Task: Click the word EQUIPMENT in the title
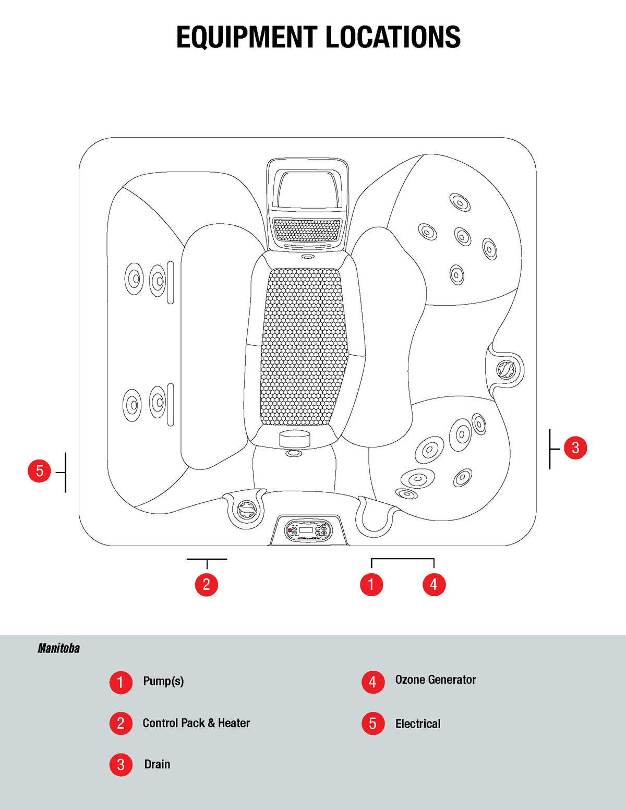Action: coord(246,38)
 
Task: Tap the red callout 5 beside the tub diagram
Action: coord(39,471)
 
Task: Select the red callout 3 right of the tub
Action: coord(575,448)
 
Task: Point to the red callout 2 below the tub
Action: coord(206,585)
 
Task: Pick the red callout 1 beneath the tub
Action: coord(371,585)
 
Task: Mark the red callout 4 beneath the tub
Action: coord(434,585)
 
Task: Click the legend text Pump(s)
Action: coord(163,681)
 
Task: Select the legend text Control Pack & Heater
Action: coord(196,723)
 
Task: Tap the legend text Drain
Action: coord(157,764)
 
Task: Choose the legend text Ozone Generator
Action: coord(436,680)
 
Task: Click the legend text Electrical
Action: coord(418,724)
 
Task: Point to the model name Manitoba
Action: coord(58,648)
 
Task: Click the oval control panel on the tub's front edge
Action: coord(308,530)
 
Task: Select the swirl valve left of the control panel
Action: coord(247,509)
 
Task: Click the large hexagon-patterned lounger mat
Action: coord(304,347)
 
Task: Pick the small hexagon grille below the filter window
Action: coord(307,229)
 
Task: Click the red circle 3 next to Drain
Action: coord(121,765)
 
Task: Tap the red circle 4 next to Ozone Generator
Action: coord(372,682)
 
